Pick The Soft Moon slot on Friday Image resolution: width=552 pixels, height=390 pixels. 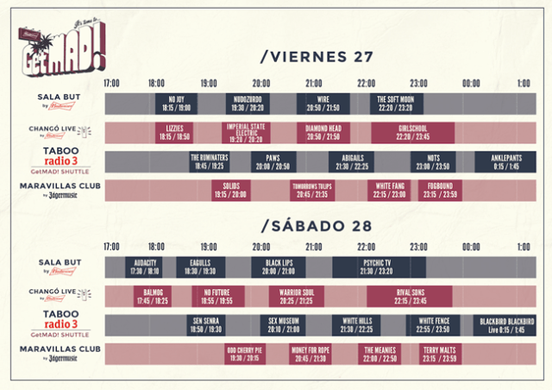[x=396, y=104]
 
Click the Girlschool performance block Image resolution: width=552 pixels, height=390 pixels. [x=412, y=132]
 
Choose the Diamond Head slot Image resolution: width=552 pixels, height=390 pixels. [x=323, y=132]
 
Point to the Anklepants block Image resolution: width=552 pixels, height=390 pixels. [x=505, y=161]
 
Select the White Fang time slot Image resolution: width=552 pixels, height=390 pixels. [x=389, y=190]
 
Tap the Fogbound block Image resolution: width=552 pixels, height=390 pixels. [x=440, y=190]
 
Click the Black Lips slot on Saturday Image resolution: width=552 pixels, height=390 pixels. [x=278, y=267]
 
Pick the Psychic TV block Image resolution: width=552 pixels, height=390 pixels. [x=378, y=267]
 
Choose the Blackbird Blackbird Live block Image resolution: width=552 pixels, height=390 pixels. [x=507, y=325]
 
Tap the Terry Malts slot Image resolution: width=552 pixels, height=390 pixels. [x=440, y=354]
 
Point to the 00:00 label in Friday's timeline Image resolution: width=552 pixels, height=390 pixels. [x=471, y=84]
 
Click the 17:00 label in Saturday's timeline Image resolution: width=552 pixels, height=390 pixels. [x=112, y=247]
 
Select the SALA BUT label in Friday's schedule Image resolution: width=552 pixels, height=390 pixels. [x=60, y=99]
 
